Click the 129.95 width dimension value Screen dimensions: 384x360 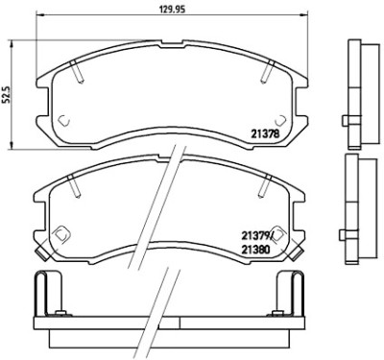pyautogui.click(x=173, y=10)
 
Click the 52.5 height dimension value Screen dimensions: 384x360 pyautogui.click(x=6, y=94)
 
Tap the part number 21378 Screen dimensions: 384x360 pyautogui.click(x=265, y=133)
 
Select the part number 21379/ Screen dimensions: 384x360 pyautogui.click(x=257, y=237)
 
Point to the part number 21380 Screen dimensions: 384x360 pyautogui.click(x=256, y=250)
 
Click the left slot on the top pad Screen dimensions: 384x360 pyautogui.click(x=77, y=72)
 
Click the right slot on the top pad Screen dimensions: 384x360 pyautogui.click(x=268, y=72)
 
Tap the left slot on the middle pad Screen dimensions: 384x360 pyautogui.click(x=74, y=186)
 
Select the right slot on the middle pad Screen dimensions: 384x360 pyautogui.click(x=265, y=186)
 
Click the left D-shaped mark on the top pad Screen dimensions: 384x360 pyautogui.click(x=64, y=121)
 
